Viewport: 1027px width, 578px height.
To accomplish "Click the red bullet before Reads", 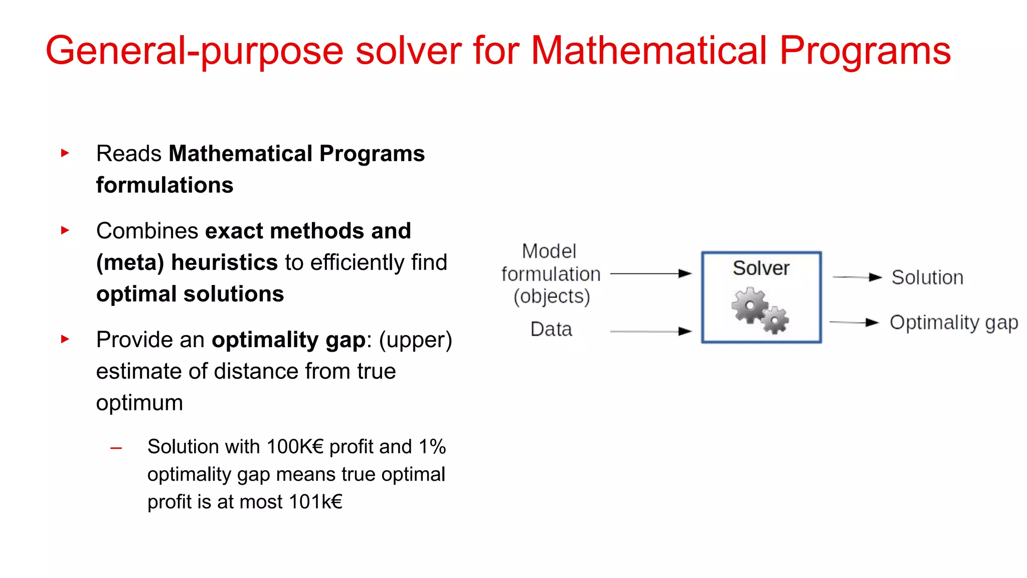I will point(65,153).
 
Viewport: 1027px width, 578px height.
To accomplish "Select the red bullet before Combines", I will point(65,230).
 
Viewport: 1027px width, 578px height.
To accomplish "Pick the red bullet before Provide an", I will point(65,339).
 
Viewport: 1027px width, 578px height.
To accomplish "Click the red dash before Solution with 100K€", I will point(116,448).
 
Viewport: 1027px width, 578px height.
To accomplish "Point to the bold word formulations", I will point(164,185).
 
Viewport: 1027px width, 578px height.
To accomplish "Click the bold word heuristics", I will point(224,262).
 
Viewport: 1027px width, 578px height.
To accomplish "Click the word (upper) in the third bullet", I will point(415,340).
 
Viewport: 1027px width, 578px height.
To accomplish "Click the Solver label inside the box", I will point(761,268).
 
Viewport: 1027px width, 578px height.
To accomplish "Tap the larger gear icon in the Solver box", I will point(750,305).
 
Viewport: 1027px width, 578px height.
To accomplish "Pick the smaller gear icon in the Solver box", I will point(776,320).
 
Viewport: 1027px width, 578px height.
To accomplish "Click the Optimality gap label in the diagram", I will point(953,323).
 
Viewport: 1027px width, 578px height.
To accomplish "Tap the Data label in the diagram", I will point(551,330).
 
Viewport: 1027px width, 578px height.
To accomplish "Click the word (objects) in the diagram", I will point(552,297).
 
